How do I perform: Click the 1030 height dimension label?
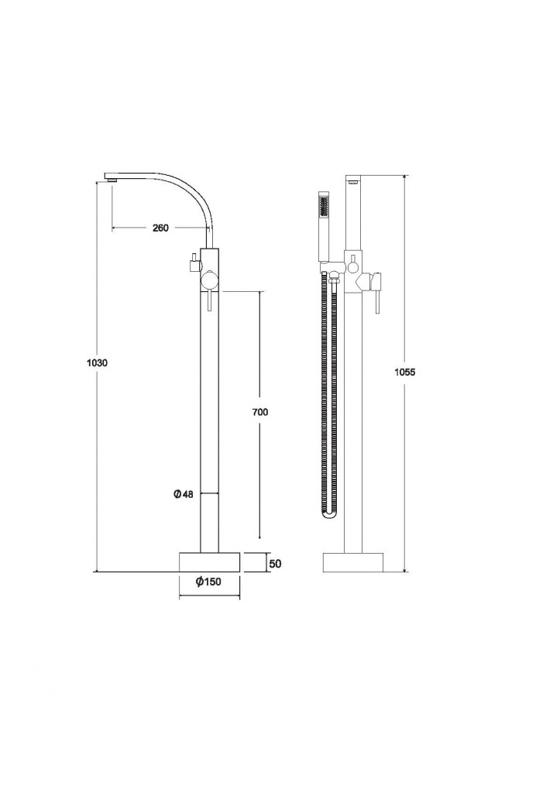98,362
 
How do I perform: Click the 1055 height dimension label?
404,372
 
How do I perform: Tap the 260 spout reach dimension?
160,228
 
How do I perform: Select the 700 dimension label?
260,412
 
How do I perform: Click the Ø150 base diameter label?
209,582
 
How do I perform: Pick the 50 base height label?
275,564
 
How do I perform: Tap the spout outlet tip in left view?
112,177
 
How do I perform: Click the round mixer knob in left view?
208,281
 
